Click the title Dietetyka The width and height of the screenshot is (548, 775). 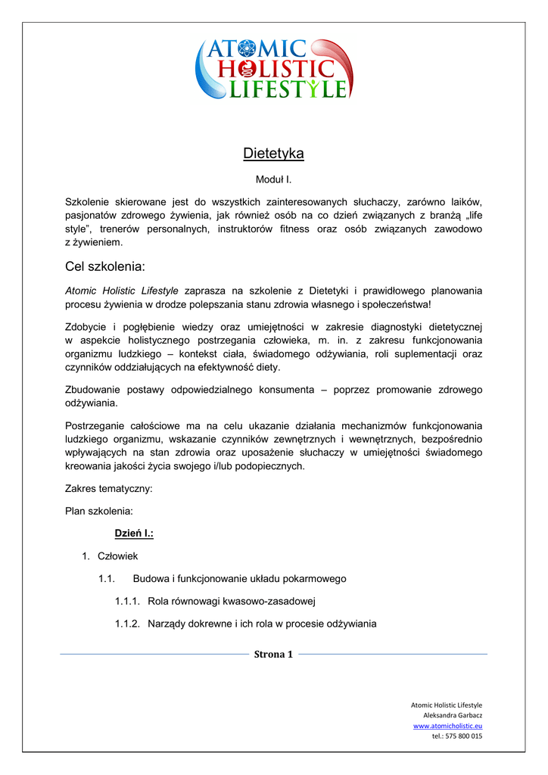click(273, 154)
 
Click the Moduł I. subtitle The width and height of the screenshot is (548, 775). click(273, 180)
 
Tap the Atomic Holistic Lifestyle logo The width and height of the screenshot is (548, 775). click(273, 69)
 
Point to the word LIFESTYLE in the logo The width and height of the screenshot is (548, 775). click(288, 89)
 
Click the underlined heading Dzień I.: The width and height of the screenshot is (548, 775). click(134, 534)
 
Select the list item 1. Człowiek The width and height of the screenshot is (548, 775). click(117, 556)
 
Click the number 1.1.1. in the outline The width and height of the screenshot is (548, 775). click(127, 602)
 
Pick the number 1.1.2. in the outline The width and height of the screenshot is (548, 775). click(127, 624)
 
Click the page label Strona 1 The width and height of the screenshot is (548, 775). click(273, 655)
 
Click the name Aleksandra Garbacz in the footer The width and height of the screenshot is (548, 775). click(453, 715)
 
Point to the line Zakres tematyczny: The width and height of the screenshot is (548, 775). click(109, 489)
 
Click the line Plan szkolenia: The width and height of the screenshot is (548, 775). click(99, 511)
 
